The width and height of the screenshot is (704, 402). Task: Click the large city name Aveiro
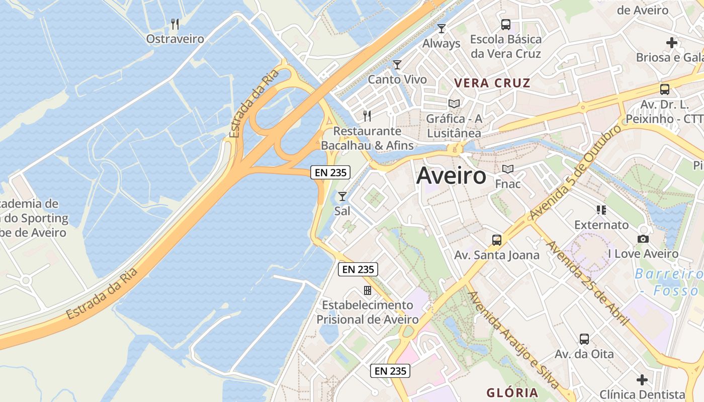pyautogui.click(x=451, y=176)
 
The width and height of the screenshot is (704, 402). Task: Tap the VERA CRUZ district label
pyautogui.click(x=492, y=83)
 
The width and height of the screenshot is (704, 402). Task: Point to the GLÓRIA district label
pyautogui.click(x=512, y=392)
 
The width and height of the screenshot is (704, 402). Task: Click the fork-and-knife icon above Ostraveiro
pyautogui.click(x=175, y=24)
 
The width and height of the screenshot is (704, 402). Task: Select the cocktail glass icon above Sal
pyautogui.click(x=342, y=196)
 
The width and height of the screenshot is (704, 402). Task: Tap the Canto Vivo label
pyautogui.click(x=397, y=79)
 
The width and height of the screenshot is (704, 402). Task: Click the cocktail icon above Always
pyautogui.click(x=442, y=29)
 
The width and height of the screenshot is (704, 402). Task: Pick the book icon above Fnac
pyautogui.click(x=508, y=169)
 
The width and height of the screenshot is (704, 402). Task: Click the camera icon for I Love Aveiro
pyautogui.click(x=643, y=239)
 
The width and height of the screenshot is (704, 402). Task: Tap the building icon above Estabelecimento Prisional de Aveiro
pyautogui.click(x=368, y=290)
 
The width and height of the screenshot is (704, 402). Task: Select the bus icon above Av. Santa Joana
pyautogui.click(x=497, y=240)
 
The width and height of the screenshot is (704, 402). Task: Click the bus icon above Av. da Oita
pyautogui.click(x=584, y=339)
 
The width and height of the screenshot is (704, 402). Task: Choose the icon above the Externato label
pyautogui.click(x=601, y=210)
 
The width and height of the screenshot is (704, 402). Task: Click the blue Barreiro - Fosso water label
pyautogui.click(x=669, y=282)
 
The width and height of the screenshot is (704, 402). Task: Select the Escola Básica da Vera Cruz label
pyautogui.click(x=505, y=46)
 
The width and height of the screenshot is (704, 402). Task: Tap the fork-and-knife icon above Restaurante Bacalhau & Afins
pyautogui.click(x=367, y=116)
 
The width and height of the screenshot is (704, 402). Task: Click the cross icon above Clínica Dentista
pyautogui.click(x=642, y=379)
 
